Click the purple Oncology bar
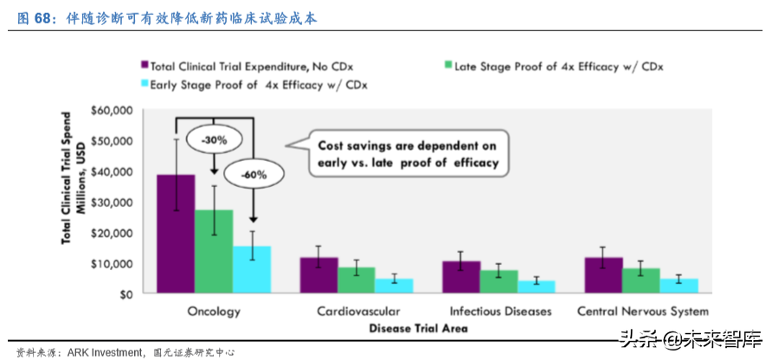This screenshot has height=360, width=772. coord(176,234)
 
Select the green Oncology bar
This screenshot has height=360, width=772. coord(214,251)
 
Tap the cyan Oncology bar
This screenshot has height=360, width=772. coord(252,269)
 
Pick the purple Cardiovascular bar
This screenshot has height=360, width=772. coord(319,275)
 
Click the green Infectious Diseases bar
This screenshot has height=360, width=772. coord(499,281)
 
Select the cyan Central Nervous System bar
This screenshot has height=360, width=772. coord(679,286)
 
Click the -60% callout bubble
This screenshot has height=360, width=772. coord(253,174)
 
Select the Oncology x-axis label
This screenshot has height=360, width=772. coord(214,311)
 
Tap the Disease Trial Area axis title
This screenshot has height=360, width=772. coord(418,328)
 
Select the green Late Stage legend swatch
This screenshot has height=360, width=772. coord(447,65)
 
